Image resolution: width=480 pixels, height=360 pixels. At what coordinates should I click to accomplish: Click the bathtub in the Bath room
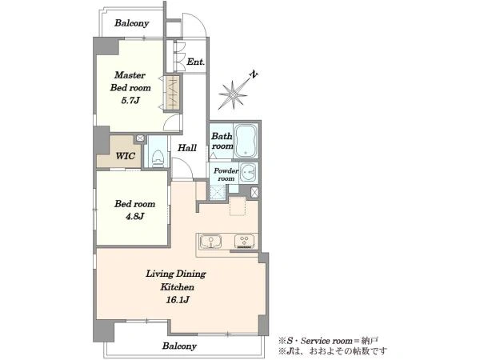tap(246, 141)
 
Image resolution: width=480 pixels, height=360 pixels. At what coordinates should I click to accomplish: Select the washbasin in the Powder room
tap(248, 173)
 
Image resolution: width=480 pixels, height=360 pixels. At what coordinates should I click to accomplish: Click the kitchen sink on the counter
tap(210, 242)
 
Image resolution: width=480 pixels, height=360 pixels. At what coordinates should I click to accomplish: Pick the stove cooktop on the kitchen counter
tap(244, 242)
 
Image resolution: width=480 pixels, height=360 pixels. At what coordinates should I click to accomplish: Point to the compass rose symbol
tap(233, 95)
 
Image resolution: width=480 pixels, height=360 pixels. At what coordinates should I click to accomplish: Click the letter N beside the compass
tap(254, 74)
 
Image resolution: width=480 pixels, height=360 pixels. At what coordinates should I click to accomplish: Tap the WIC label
tap(126, 156)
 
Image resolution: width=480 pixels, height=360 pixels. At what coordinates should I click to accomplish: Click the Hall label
tap(187, 148)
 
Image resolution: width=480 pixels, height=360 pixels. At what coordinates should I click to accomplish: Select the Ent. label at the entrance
tap(196, 62)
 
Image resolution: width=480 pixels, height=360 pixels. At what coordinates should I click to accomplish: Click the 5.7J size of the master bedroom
tap(130, 100)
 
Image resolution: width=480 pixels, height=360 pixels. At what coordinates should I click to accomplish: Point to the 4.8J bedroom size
tap(134, 217)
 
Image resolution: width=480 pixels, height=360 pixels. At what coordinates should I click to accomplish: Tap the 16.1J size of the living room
tap(178, 300)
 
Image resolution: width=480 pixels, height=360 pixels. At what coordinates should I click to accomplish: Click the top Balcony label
tap(132, 23)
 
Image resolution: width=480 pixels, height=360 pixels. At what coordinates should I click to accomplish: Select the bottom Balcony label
tap(179, 346)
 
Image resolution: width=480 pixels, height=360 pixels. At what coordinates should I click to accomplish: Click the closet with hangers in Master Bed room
tap(172, 93)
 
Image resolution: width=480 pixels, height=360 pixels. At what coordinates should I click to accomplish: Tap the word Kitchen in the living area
tap(178, 287)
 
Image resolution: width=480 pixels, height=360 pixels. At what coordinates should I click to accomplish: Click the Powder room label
tap(226, 174)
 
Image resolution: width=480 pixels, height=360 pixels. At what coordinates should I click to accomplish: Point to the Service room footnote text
tap(328, 341)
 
